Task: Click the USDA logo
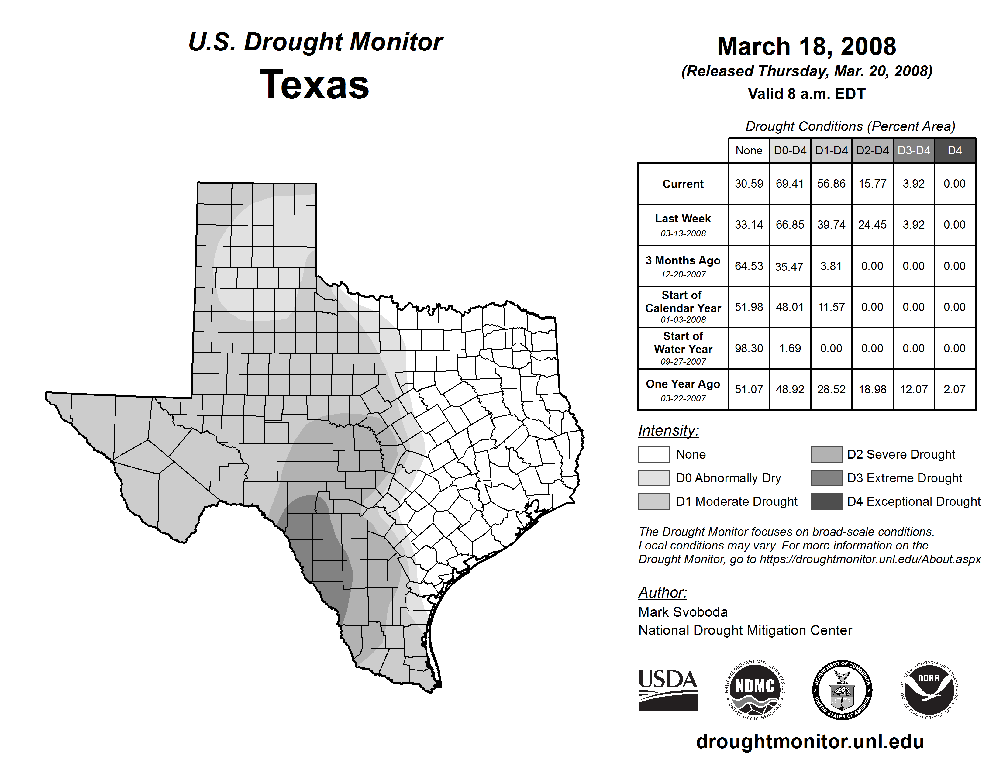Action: click(x=668, y=690)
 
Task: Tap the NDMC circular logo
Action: click(x=755, y=690)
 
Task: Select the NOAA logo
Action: click(x=929, y=690)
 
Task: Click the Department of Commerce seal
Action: click(x=842, y=690)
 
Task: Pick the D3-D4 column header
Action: click(x=913, y=150)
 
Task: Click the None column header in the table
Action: click(x=749, y=150)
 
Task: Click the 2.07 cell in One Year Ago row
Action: click(x=954, y=389)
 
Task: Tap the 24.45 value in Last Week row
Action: click(x=872, y=225)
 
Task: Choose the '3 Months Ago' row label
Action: click(x=683, y=261)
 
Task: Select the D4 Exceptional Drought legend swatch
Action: click(x=827, y=501)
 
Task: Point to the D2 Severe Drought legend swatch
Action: click(x=827, y=454)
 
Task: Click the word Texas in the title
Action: click(x=314, y=84)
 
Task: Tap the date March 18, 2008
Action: click(x=806, y=46)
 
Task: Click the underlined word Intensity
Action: click(x=668, y=431)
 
